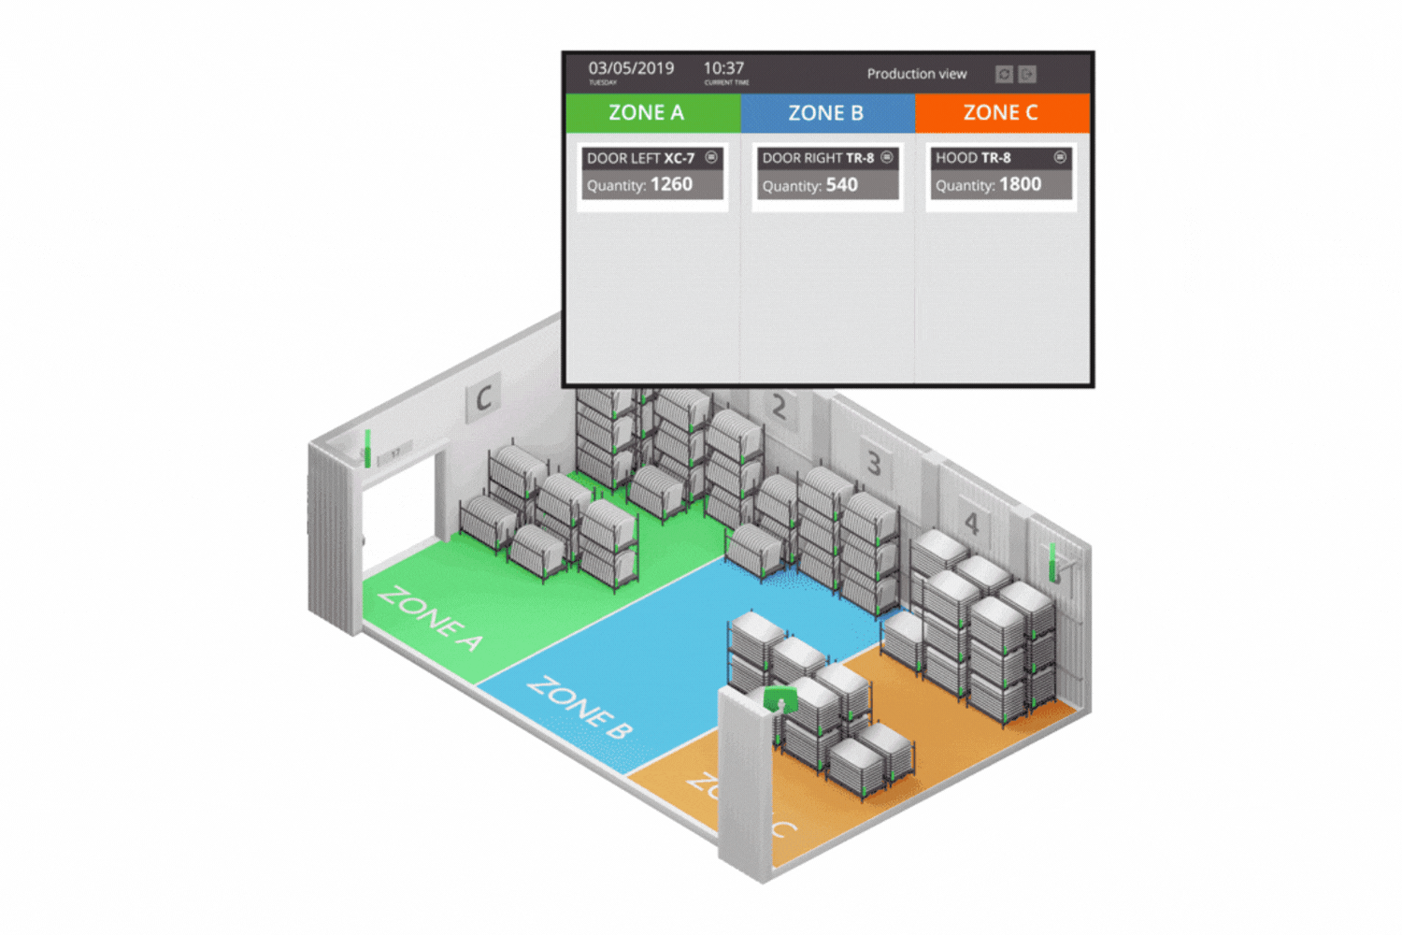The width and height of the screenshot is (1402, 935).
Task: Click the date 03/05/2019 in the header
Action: point(631,68)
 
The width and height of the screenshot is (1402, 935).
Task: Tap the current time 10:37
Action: point(723,68)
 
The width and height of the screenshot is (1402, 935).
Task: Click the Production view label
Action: point(916,74)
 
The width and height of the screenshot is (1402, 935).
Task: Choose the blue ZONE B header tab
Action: point(827,113)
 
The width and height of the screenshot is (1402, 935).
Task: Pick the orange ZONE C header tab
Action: point(1002,113)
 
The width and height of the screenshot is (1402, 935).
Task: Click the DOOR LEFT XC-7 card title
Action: point(641,158)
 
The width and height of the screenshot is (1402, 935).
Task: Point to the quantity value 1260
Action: point(671,184)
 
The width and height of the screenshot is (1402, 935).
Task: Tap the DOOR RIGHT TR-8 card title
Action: point(818,158)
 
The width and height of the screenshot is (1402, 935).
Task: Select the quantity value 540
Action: point(841,185)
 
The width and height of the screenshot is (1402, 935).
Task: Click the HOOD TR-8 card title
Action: point(973,158)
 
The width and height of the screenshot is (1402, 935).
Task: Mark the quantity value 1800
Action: point(1020,184)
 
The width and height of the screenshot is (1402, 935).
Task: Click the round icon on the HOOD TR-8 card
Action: point(1060,157)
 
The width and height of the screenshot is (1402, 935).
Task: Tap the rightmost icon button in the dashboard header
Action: point(1027,74)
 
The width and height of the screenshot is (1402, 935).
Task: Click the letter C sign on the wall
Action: point(483,398)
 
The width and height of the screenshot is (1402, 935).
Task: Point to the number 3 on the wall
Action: point(874,463)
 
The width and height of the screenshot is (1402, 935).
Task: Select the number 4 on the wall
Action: point(971,524)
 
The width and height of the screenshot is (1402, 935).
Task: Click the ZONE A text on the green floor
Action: point(430,618)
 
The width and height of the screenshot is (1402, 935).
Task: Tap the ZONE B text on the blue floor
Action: point(579,707)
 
